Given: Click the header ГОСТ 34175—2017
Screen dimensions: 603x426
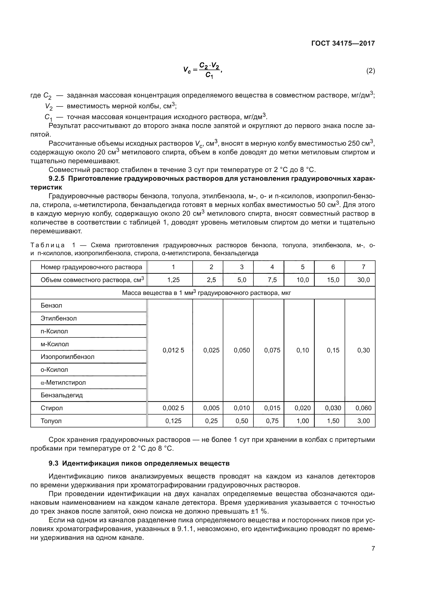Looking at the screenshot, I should coord(343,43).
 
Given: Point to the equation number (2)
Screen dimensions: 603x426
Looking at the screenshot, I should coord(370,71).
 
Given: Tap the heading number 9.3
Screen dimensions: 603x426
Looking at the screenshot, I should coord(54,463).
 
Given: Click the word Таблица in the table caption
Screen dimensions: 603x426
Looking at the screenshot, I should coord(47,245).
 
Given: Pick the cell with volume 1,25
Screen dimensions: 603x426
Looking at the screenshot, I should coord(173,280).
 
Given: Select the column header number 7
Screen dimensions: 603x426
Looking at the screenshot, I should coord(363,267).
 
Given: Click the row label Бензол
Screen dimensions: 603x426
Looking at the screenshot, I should coord(52,305).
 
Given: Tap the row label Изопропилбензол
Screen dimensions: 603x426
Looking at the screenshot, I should coord(67,357).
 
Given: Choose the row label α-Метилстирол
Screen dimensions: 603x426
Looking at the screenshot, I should coord(63,382).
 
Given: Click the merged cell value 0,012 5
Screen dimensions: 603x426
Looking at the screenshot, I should coord(173,350).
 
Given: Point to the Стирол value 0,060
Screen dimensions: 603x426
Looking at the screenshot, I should coord(363,408).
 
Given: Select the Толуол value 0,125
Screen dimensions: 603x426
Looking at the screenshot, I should coord(173,421).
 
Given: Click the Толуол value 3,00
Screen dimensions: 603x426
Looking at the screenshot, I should coord(363,421).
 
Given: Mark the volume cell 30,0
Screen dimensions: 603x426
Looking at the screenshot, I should coord(363,280).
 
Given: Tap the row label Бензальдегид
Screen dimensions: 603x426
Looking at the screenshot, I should coord(62,395).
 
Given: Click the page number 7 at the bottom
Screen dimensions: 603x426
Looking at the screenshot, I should coord(373,548).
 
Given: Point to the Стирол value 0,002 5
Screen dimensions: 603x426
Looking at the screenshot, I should coord(173,408).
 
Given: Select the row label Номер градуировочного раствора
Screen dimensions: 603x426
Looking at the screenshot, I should coord(91,267).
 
